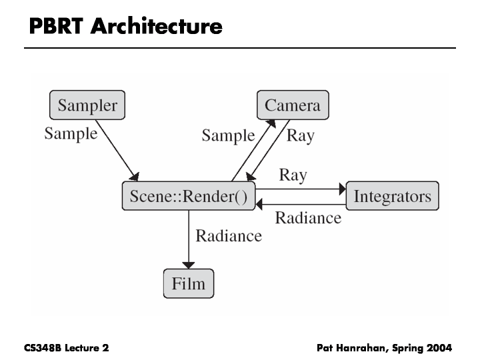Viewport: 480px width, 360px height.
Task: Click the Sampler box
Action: point(87,105)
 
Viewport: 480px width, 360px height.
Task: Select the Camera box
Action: point(293,105)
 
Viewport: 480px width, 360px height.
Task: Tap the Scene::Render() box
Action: point(189,196)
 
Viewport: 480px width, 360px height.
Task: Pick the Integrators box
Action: point(392,196)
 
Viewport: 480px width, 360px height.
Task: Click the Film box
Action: point(189,284)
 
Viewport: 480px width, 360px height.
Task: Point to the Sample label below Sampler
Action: point(71,133)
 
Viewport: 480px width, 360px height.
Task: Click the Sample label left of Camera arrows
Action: point(228,136)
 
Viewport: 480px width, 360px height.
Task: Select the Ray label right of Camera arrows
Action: point(300,136)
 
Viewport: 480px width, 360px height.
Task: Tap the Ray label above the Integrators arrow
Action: point(293,175)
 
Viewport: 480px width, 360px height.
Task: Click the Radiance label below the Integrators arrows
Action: point(308,218)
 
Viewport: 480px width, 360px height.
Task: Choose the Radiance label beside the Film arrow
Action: point(228,235)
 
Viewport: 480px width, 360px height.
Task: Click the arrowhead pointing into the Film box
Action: point(189,265)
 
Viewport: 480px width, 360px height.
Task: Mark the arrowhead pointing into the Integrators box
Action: point(342,189)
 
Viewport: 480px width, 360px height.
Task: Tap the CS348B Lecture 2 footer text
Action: point(66,348)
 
